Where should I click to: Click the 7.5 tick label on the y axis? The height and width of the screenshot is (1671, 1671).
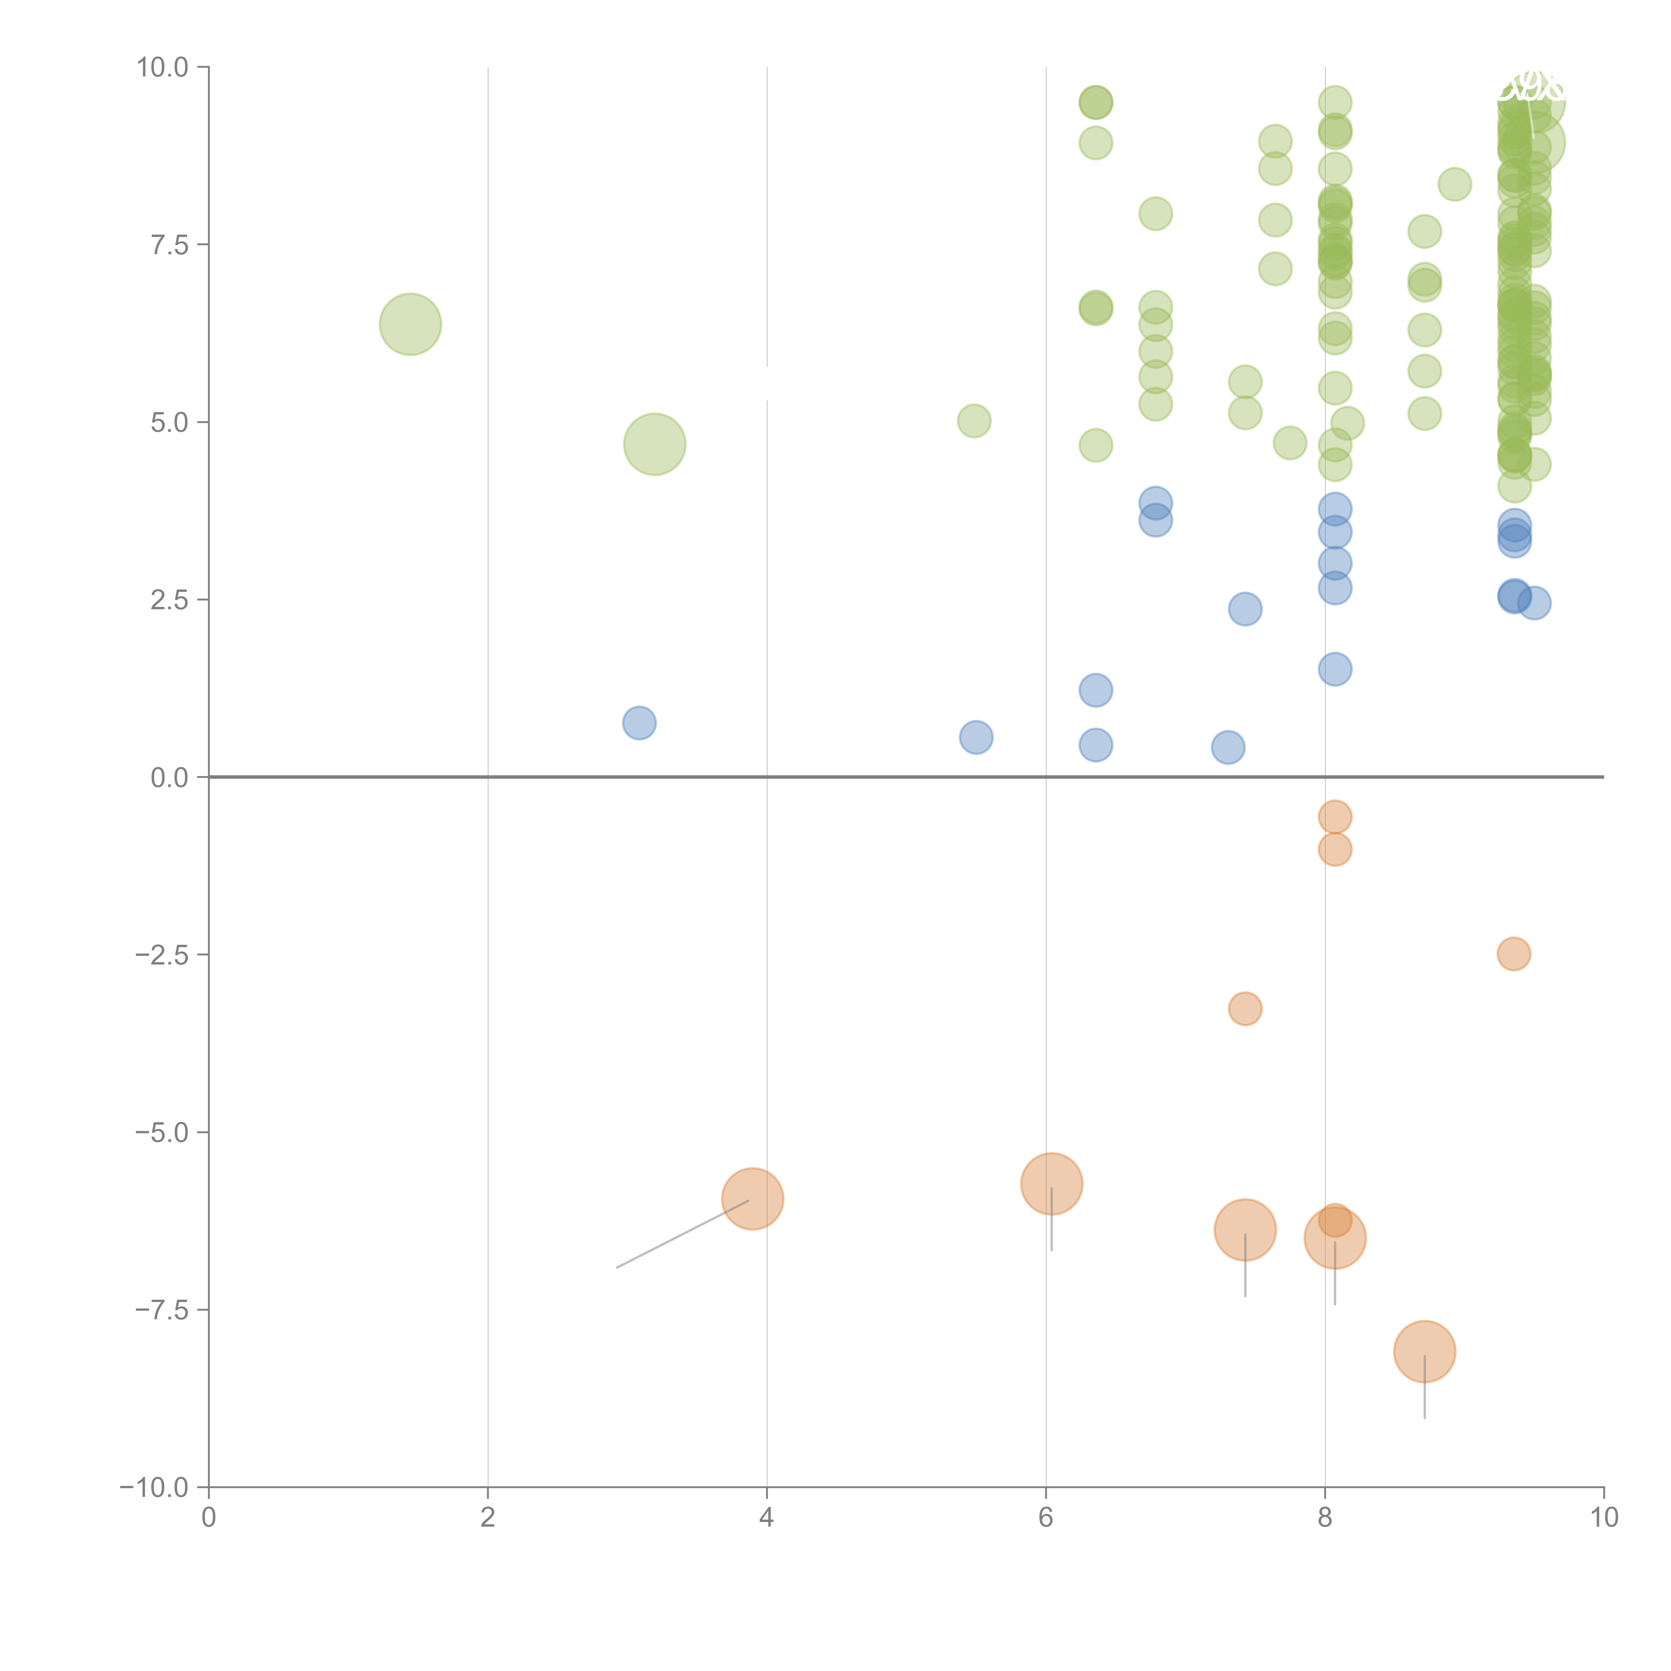pos(169,245)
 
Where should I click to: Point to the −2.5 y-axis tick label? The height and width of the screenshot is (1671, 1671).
pos(162,955)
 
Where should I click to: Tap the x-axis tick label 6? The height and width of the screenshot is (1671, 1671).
pos(1046,1518)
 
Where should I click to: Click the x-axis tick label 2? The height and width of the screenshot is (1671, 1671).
pos(488,1518)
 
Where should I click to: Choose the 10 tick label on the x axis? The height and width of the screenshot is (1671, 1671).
pos(1603,1518)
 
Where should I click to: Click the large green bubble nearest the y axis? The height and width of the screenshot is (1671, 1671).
pos(411,324)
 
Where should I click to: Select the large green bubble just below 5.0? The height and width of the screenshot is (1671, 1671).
pos(655,444)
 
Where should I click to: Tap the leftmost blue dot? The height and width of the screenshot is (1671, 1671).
pos(639,722)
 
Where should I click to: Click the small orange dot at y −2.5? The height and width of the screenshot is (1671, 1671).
pos(1514,954)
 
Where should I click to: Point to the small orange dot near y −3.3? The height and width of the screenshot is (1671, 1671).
pos(1245,1009)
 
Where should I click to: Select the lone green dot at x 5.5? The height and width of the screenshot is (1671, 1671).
pos(974,421)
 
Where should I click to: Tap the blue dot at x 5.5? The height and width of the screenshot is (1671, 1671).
pos(976,737)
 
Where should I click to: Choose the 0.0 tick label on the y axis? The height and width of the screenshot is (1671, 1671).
pos(169,778)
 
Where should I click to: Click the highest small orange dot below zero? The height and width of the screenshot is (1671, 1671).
pos(1334,816)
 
